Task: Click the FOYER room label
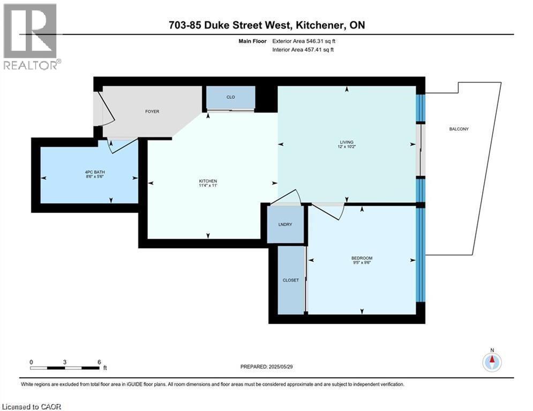152,111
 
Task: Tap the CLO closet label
231,97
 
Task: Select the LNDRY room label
286,224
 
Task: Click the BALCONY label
460,129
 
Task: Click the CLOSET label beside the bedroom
290,280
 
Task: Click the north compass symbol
491,361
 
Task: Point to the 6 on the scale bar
99,362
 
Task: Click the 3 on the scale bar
65,362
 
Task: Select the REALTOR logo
31,36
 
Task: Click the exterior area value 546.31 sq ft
321,40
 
